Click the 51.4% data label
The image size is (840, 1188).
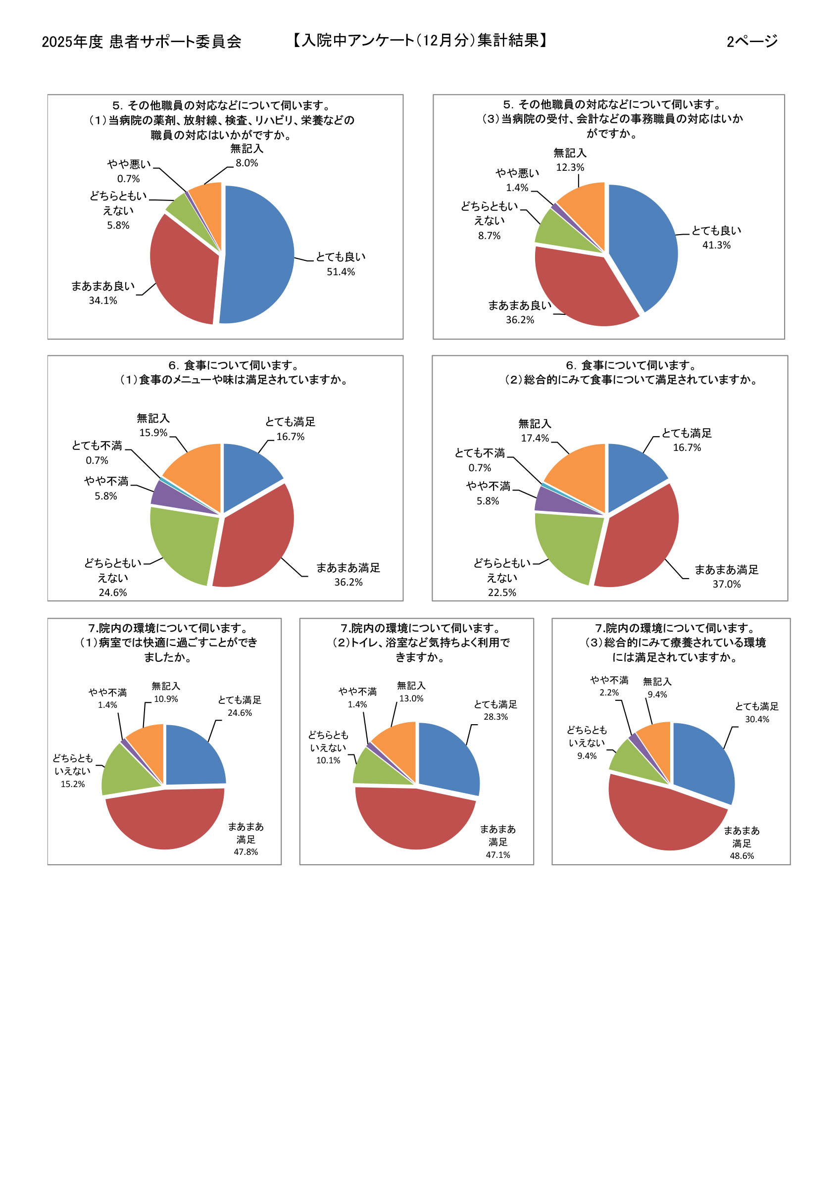341,272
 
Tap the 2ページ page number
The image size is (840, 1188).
751,42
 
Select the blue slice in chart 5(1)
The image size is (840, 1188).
259,253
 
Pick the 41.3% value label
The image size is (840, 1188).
716,245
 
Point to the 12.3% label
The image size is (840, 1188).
570,167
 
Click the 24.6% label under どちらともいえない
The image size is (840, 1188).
113,593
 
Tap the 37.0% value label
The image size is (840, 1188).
726,584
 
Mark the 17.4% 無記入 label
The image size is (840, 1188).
535,438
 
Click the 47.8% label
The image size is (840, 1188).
246,852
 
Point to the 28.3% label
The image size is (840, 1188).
495,717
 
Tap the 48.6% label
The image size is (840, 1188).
741,856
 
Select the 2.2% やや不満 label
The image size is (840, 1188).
609,693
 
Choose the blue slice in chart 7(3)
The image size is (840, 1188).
701,758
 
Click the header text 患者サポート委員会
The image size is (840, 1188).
175,42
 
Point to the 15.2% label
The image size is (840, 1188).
72,784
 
